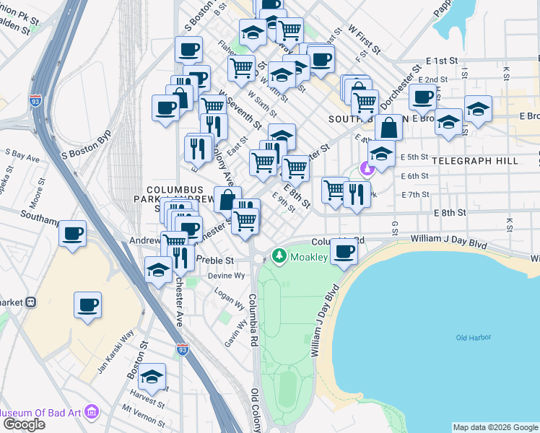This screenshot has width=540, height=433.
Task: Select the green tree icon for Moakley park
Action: tap(279, 256)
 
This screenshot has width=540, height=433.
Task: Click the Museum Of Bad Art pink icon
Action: tap(91, 412)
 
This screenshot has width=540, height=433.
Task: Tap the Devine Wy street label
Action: tap(227, 276)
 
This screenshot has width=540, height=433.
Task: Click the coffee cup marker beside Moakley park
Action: tap(344, 252)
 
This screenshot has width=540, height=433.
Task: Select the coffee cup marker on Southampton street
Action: tap(72, 234)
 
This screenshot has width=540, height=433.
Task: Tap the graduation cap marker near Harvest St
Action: tap(152, 377)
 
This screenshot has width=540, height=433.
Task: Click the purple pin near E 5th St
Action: tap(367, 169)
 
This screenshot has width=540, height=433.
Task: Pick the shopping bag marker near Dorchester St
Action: tap(388, 128)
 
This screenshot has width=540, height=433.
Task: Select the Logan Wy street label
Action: tap(228, 295)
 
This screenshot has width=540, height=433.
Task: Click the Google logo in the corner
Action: tap(24, 424)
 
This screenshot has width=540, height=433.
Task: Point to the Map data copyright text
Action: tap(495, 427)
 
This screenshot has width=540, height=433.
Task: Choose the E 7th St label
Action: tap(414, 195)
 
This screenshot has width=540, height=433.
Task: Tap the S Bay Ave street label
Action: tap(22, 155)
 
